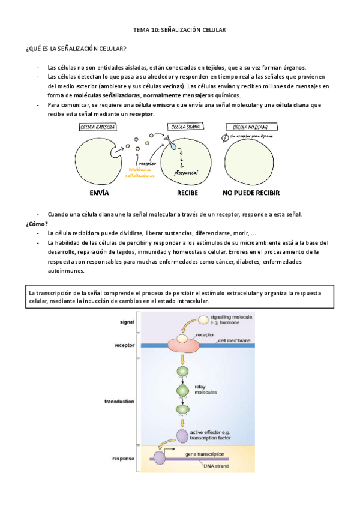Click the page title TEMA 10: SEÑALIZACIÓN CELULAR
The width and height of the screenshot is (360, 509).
click(179, 29)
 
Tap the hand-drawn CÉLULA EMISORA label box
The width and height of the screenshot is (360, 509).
click(97, 127)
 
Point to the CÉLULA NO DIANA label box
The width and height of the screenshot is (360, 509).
click(250, 127)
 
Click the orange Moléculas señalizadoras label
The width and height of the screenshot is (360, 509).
click(139, 172)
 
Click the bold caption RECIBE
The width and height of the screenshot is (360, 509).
click(187, 193)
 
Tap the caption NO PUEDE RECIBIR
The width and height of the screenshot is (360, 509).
click(251, 193)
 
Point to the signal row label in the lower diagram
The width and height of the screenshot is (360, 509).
click(127, 322)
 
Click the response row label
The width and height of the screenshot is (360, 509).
click(123, 459)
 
